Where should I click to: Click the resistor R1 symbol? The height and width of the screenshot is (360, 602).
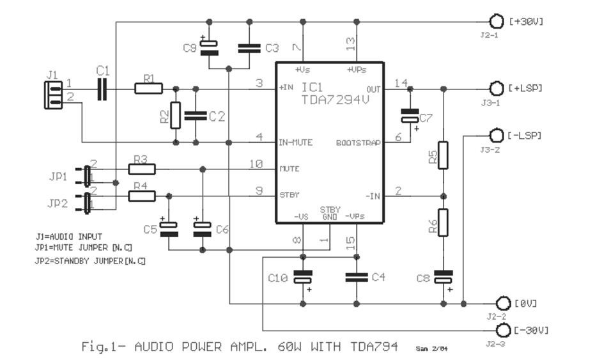(x=148, y=88)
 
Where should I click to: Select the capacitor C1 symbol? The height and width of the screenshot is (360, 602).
(x=102, y=88)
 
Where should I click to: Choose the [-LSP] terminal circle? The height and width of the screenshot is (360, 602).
(x=497, y=136)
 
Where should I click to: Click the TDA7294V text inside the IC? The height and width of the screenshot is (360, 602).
(x=334, y=100)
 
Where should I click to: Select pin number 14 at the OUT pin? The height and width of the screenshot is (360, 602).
(x=401, y=82)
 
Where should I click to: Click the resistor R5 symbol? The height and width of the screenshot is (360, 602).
(x=443, y=154)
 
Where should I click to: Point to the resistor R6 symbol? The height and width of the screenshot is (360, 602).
(x=443, y=223)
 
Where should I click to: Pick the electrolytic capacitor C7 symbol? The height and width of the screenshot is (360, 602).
(x=409, y=116)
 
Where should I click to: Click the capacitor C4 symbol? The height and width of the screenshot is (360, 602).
(x=356, y=277)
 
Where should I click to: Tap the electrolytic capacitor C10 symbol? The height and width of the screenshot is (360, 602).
(x=302, y=278)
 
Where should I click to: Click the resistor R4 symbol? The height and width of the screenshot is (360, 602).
(x=142, y=196)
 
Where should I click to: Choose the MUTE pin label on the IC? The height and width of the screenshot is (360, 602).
(x=289, y=169)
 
